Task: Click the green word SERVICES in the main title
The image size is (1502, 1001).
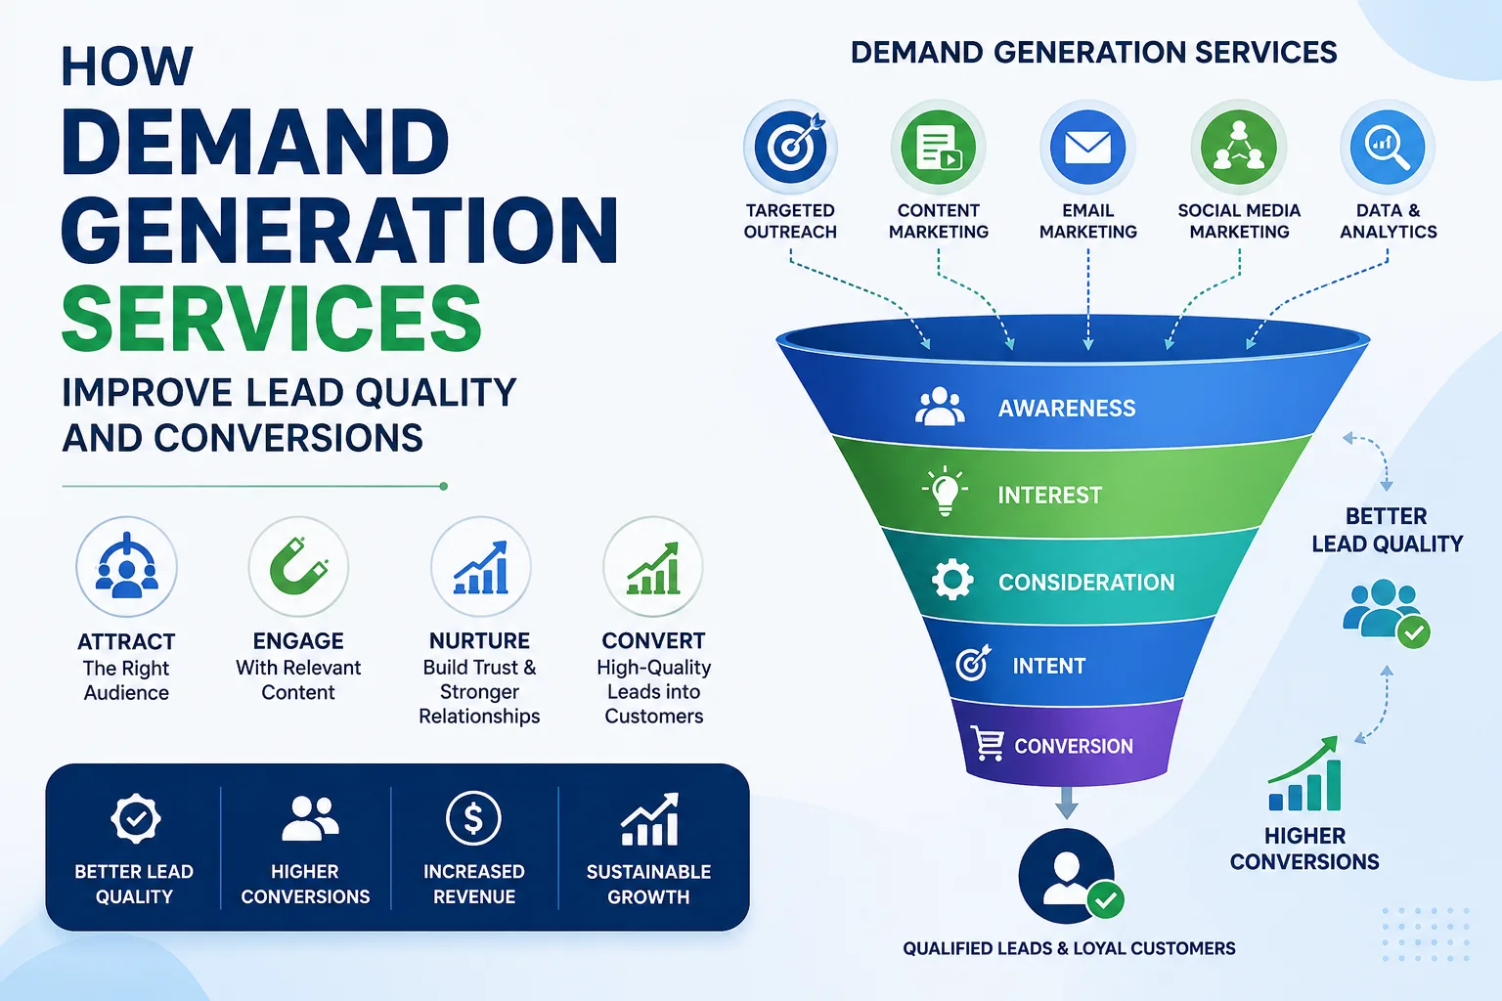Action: [272, 318]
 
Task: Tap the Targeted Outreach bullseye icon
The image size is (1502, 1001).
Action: [790, 147]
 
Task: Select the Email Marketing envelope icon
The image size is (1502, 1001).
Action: [1087, 147]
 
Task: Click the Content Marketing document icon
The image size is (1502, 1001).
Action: [938, 147]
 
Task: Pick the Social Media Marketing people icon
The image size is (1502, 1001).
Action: [1239, 147]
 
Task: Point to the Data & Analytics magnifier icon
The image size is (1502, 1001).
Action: [1388, 147]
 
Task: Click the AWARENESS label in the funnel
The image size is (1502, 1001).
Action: [1067, 408]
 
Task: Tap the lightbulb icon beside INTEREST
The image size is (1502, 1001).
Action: [945, 492]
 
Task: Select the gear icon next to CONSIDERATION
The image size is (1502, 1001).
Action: [952, 580]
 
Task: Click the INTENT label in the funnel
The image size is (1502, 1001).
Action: [1048, 666]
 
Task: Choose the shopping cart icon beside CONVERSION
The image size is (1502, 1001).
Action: [987, 743]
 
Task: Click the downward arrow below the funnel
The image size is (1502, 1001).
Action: [1066, 802]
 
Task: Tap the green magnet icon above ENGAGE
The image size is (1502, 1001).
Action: [299, 567]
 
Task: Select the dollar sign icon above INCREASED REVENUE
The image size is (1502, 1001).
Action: [473, 818]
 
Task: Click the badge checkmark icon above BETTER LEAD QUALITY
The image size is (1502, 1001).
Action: [136, 818]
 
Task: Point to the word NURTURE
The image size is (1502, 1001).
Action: [479, 641]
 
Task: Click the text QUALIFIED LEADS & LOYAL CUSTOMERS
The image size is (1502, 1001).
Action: [1069, 948]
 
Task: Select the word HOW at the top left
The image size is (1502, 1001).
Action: [127, 66]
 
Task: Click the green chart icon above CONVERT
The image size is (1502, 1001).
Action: [653, 568]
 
